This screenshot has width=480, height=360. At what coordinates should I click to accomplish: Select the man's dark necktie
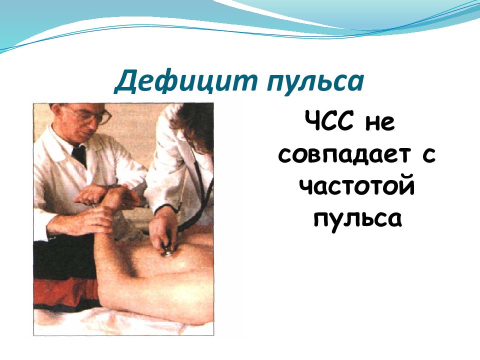coord(79,155)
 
